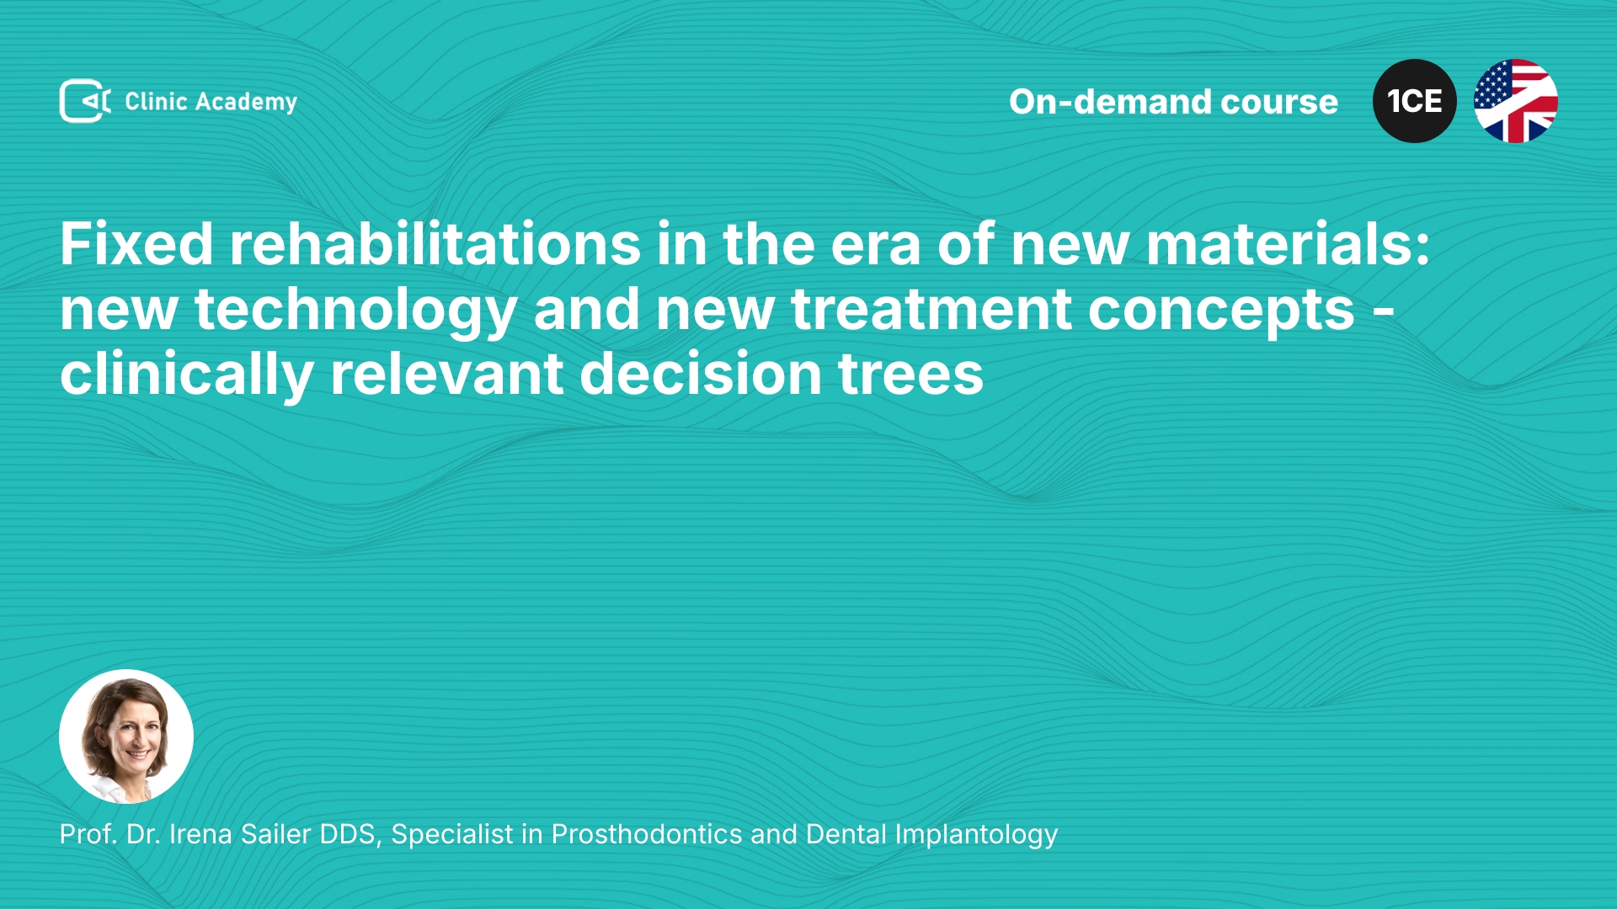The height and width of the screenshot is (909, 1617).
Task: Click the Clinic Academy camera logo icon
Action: (85, 101)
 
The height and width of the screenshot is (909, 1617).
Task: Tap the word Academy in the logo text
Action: (246, 103)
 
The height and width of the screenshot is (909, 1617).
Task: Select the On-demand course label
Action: (1173, 102)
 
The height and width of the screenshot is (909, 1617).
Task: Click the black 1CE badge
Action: (1415, 101)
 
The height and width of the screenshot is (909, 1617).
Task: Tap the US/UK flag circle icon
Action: (1516, 101)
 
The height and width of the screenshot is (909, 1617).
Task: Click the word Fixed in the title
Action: (136, 244)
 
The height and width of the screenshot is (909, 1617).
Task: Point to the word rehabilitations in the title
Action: (435, 244)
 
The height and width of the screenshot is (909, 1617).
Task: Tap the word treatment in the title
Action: (931, 310)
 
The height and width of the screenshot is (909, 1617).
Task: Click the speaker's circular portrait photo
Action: (126, 736)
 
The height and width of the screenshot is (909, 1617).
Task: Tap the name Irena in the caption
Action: (200, 834)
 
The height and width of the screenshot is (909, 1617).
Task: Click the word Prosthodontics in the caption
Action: (647, 834)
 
